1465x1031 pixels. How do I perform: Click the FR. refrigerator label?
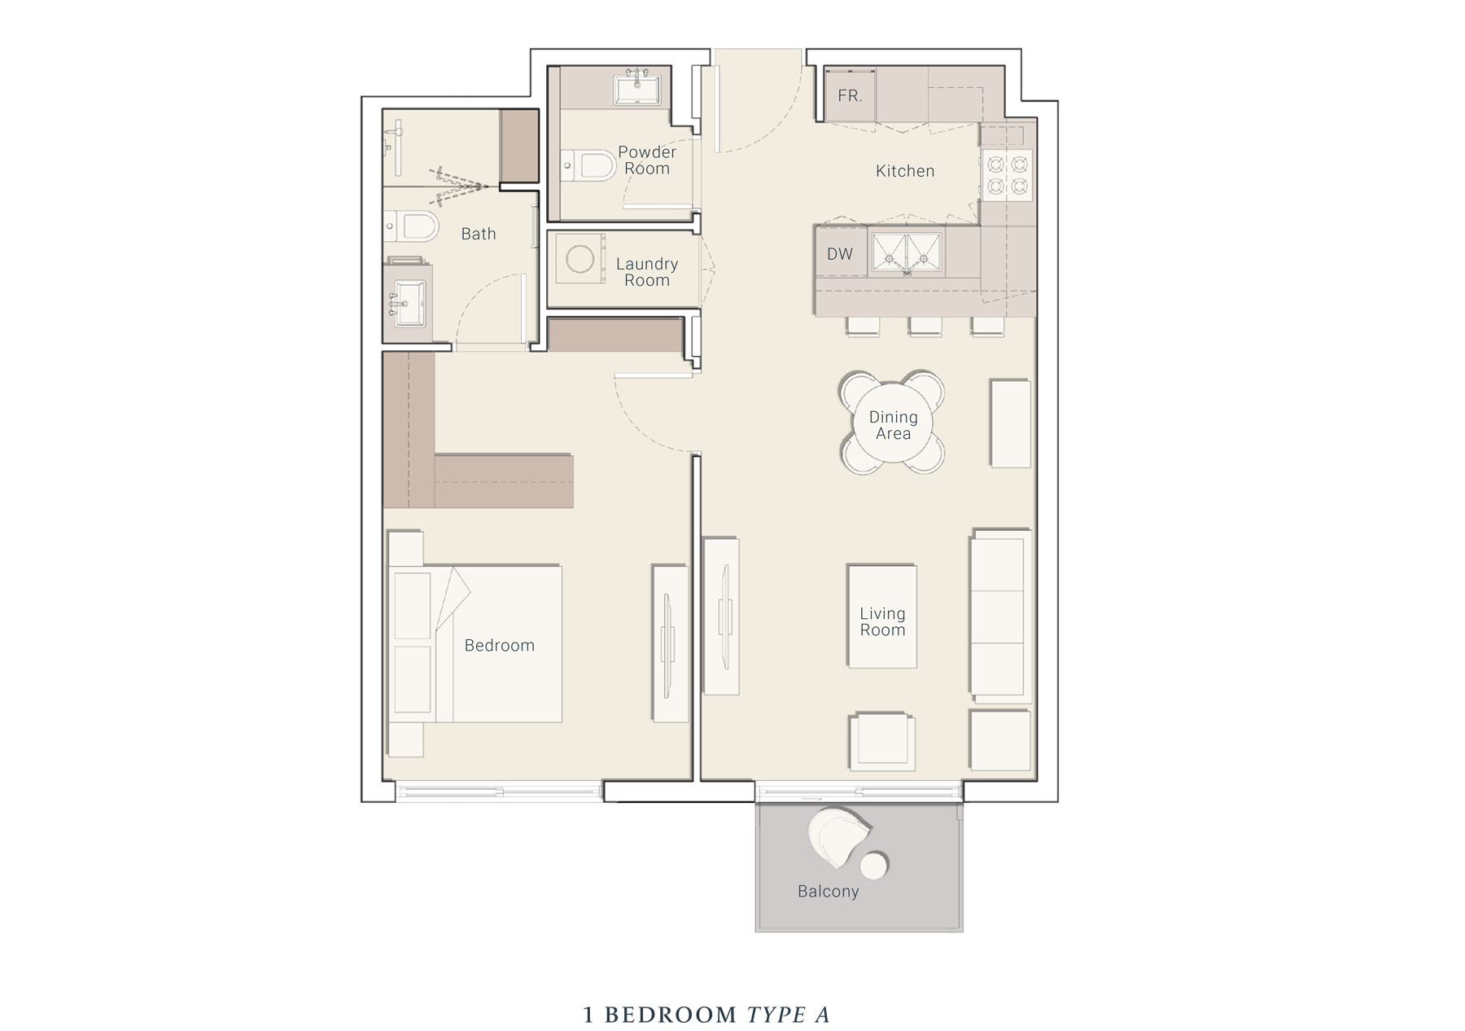point(850,96)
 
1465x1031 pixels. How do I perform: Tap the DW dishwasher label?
point(840,254)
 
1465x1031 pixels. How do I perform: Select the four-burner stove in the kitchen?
point(1008,176)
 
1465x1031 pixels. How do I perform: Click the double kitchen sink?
point(907,252)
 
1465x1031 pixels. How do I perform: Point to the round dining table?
point(893,424)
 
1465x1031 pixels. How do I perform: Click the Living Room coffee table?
point(882,616)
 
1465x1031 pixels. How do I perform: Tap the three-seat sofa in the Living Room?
point(1000,616)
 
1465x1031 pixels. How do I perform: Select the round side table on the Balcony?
point(875,865)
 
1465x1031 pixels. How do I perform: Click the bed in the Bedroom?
point(488,643)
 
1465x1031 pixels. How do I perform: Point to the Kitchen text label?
point(905,171)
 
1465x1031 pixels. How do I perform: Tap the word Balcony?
point(828,892)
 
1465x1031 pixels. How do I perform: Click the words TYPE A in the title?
point(788,1015)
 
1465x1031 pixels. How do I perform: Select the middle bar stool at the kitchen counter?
point(925,326)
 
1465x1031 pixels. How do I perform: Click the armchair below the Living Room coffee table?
point(881,742)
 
